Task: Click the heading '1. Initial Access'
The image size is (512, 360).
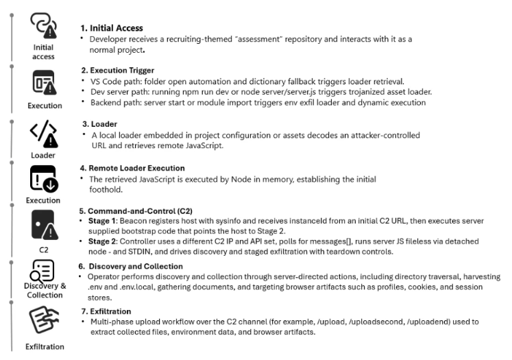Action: [x=112, y=28]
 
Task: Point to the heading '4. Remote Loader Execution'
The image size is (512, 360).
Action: [x=134, y=168]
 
